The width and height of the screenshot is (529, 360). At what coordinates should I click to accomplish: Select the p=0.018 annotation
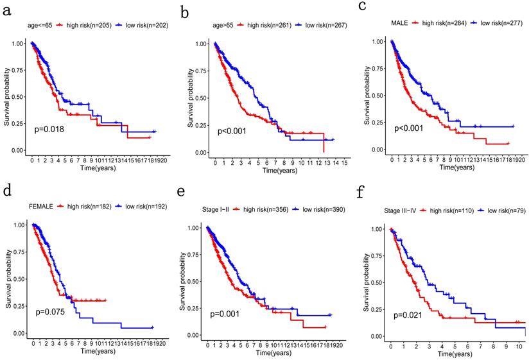49,129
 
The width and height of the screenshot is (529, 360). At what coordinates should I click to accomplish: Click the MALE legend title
400,22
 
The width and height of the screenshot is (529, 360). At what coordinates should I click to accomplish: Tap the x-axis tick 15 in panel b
345,163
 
